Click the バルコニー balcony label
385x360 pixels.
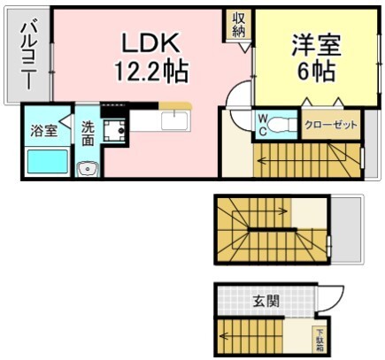pos(27,55)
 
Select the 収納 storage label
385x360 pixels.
pos(239,25)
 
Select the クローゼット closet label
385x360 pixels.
pos(331,125)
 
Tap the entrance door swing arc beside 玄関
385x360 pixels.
pos(335,296)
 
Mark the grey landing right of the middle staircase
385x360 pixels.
pos(346,228)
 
